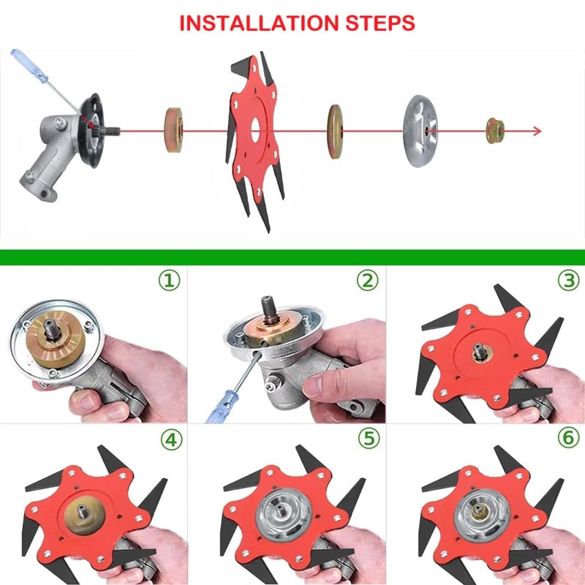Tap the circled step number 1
tap(170, 280)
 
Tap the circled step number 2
tap(366, 280)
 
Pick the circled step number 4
tap(170, 441)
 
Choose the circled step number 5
tap(366, 441)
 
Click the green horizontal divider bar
tap(292, 257)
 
